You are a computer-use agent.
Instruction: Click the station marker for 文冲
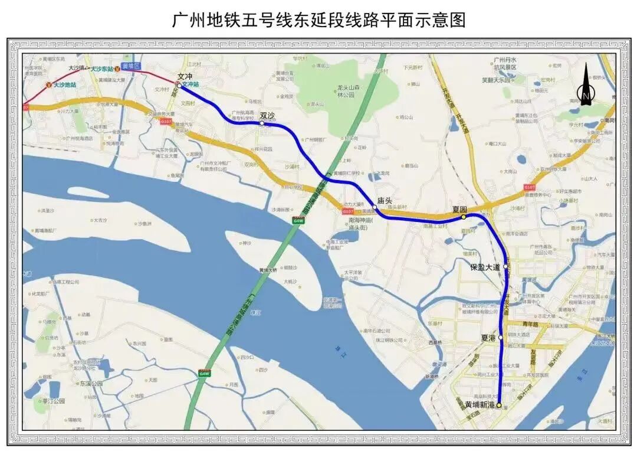point(179,85)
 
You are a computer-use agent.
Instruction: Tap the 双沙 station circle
point(262,123)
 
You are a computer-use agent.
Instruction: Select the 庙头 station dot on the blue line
point(375,207)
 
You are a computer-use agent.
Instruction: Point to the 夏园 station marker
point(464,217)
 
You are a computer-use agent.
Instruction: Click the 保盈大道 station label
point(485,267)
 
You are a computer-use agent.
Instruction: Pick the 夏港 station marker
point(501,337)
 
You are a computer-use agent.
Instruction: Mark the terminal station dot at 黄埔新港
point(499,405)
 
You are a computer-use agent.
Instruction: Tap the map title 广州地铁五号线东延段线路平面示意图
point(318,20)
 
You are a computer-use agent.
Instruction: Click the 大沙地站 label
point(64,85)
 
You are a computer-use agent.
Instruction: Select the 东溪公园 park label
point(91,383)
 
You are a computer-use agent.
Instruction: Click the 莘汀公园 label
point(53,401)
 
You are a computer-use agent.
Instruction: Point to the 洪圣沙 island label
point(48,210)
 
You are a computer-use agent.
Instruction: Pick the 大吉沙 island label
point(100,220)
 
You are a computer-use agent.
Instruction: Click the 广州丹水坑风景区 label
point(505,64)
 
